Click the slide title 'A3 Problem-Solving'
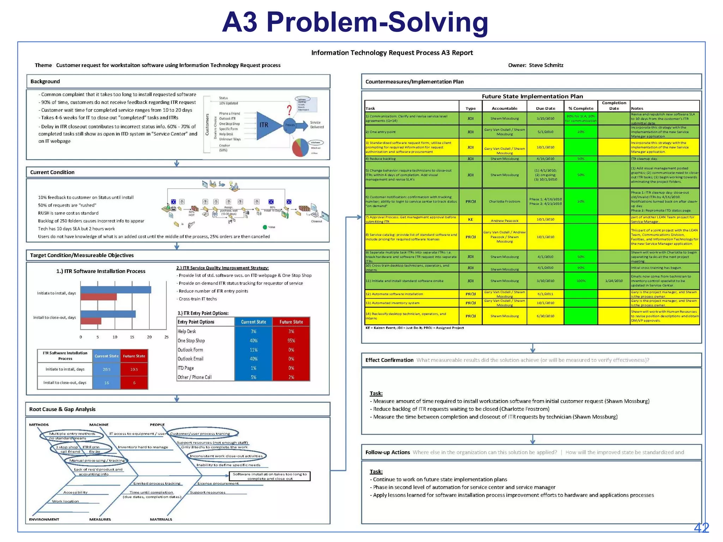(x=355, y=22)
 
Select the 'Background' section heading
(x=45, y=82)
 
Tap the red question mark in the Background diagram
(x=289, y=109)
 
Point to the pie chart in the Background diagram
(x=300, y=147)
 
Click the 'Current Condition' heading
(x=52, y=172)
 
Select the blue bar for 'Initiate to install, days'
(x=116, y=290)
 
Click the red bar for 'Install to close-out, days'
(x=91, y=321)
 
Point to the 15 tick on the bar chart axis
(x=132, y=337)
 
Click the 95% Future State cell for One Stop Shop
(x=291, y=341)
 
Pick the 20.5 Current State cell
(x=107, y=369)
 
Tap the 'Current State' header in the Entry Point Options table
(x=253, y=322)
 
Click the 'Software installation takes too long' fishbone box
(x=270, y=476)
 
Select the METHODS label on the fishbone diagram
(x=39, y=425)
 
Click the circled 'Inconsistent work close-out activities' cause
(x=226, y=456)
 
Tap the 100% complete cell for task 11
(x=581, y=281)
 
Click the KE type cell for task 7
(x=470, y=219)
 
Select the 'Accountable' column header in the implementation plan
(x=504, y=108)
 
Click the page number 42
(x=701, y=528)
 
